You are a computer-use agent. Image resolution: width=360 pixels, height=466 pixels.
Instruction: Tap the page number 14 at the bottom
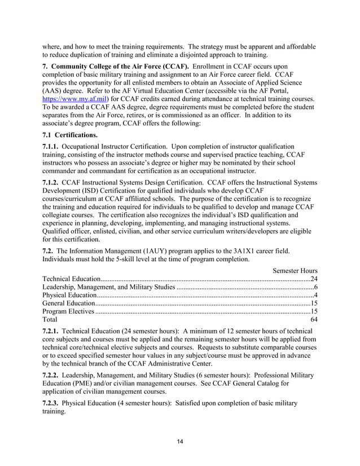point(180,442)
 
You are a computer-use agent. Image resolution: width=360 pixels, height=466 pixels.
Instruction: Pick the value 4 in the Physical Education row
point(316,295)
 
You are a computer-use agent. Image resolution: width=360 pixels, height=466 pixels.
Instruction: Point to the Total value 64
point(314,319)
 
